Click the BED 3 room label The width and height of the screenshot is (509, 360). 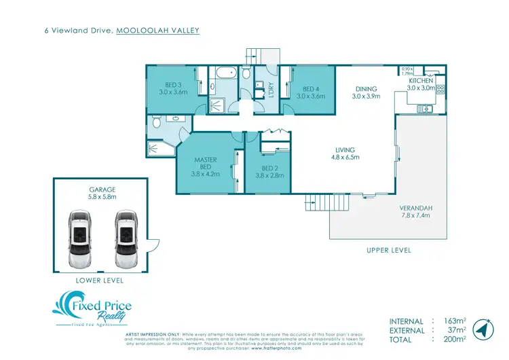[172, 85]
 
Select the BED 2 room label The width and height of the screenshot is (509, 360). [269, 168]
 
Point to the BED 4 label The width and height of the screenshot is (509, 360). [311, 89]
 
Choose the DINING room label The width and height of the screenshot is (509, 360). [366, 89]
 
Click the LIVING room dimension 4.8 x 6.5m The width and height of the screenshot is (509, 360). [345, 158]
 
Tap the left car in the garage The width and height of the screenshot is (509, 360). [79, 238]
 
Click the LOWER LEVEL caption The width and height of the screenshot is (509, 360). [100, 280]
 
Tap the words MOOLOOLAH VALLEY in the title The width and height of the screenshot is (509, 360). [158, 30]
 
